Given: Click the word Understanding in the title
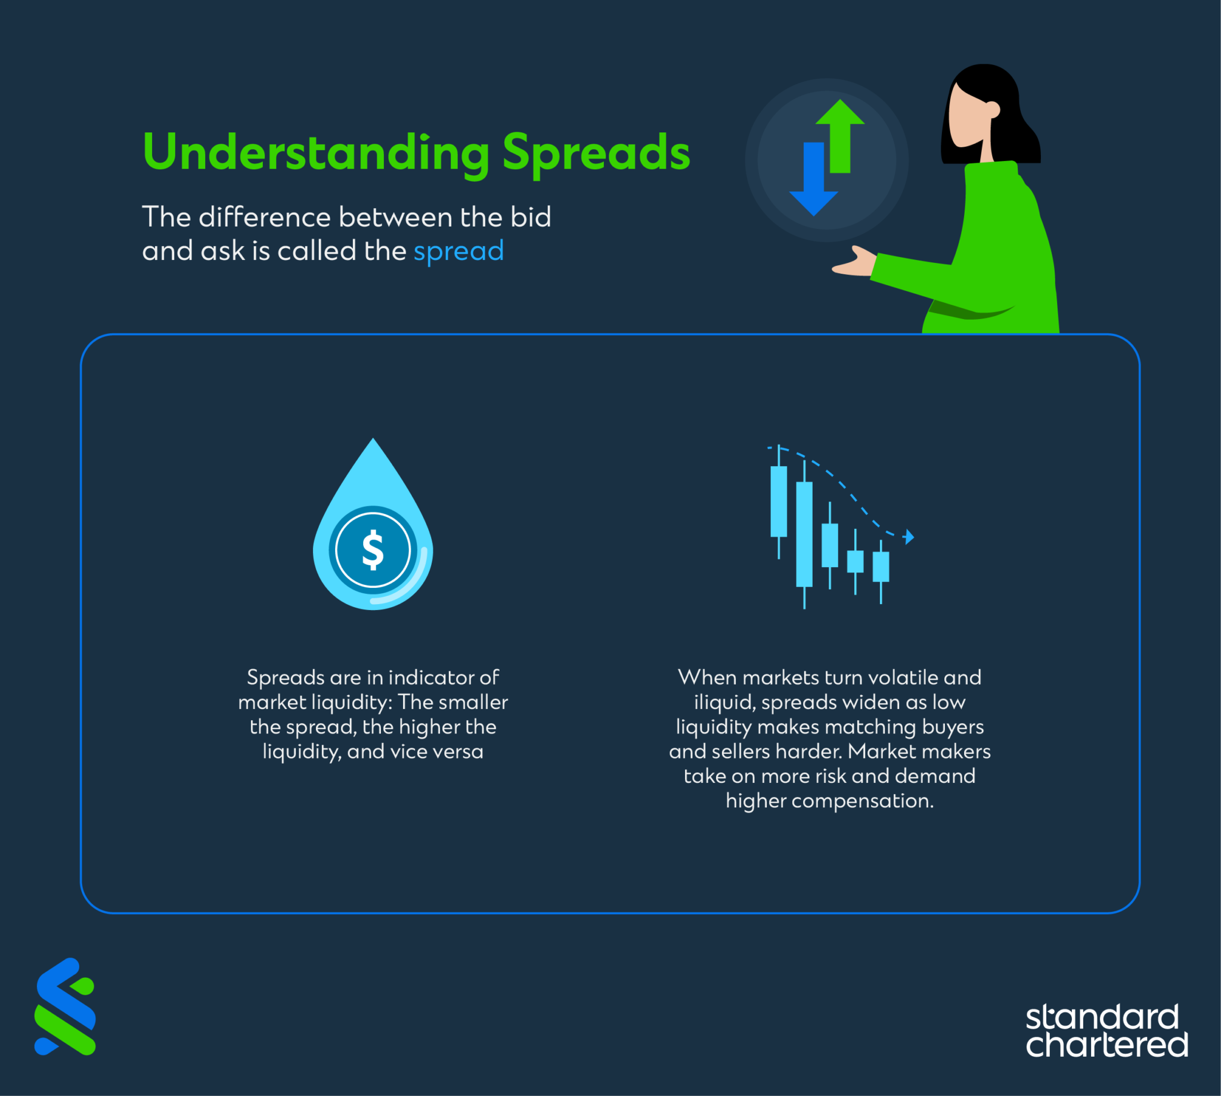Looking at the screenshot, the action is (316, 154).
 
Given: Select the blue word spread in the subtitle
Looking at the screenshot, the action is (458, 252).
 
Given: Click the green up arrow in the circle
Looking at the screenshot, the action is (840, 136).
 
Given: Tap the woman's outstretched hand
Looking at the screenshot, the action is (854, 262).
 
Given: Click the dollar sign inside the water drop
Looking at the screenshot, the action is (373, 549).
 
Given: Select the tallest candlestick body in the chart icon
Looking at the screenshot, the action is (804, 534).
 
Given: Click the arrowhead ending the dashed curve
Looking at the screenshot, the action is (909, 537).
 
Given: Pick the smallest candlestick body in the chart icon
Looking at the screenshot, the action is (855, 561).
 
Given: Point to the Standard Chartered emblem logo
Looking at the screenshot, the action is (65, 1007).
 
